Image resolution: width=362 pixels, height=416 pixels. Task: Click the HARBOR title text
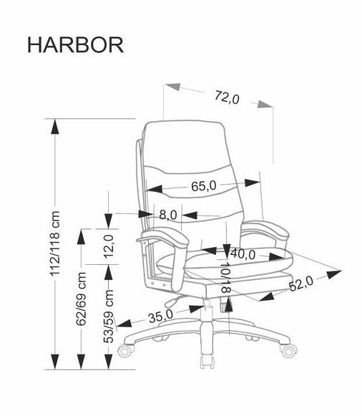tap(76, 45)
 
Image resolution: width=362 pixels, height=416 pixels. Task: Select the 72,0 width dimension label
tap(227, 97)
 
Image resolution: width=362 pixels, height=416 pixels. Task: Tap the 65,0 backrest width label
tap(204, 186)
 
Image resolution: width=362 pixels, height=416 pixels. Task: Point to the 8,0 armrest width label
tap(167, 214)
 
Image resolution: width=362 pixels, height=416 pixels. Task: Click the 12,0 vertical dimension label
tap(109, 246)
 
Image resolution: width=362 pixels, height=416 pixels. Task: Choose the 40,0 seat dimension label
tap(243, 254)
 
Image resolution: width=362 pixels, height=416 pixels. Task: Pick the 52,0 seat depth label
tap(301, 284)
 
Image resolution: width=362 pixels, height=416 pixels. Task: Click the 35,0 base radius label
tap(160, 316)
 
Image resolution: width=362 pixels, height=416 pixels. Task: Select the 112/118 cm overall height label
tap(56, 243)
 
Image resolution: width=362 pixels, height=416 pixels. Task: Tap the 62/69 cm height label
tap(82, 299)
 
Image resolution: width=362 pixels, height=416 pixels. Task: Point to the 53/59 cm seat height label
tap(109, 316)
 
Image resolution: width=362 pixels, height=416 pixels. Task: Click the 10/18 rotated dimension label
tap(225, 278)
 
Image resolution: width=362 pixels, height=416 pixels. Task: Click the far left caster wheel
tap(124, 350)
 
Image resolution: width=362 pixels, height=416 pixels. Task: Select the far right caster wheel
tap(289, 351)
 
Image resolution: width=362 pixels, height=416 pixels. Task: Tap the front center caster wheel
tap(207, 362)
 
